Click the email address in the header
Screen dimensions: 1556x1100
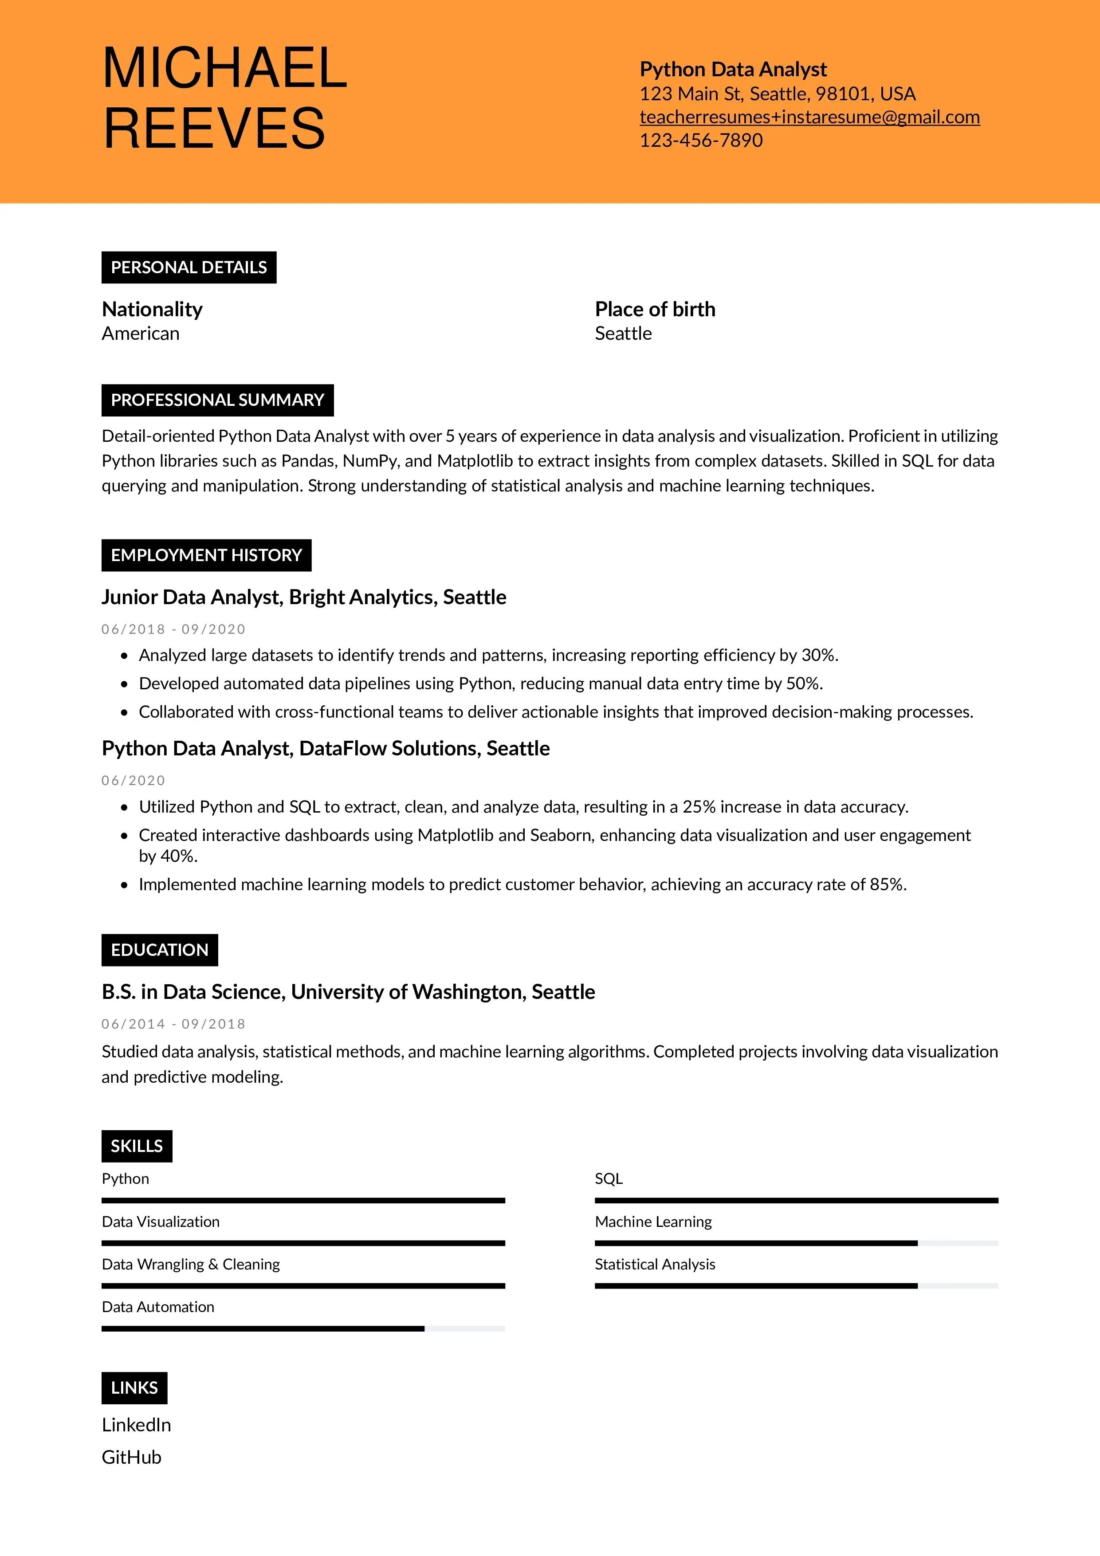[x=809, y=117]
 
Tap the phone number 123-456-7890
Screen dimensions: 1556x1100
[x=701, y=140]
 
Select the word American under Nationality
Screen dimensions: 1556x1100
[x=140, y=334]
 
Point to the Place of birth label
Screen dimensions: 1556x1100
[x=655, y=309]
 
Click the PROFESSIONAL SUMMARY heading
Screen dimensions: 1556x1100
[x=217, y=400]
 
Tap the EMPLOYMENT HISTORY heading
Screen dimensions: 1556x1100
[x=206, y=555]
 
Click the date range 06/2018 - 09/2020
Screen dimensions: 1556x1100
[x=173, y=629]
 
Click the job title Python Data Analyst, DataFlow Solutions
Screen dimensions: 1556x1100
[x=325, y=748]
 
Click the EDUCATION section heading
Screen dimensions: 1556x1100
[x=159, y=950]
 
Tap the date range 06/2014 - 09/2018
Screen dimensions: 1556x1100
[x=173, y=1024]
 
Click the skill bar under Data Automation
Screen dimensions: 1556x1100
[x=303, y=1328]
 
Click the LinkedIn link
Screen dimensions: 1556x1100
[x=136, y=1425]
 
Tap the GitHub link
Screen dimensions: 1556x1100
[x=131, y=1457]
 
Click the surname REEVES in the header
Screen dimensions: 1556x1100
[x=214, y=128]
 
